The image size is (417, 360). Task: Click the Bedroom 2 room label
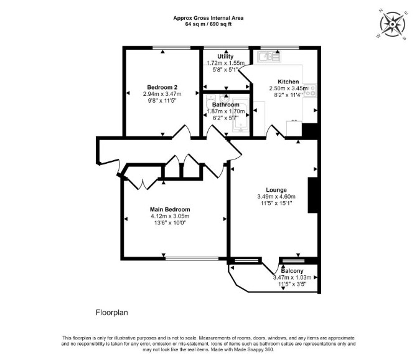162,87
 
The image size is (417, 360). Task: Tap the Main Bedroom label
170,209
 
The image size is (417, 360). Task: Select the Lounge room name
276,190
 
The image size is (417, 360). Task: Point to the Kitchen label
288,82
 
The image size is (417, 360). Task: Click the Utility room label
225,57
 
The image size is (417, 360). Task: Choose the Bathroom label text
225,105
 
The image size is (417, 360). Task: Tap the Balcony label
293,271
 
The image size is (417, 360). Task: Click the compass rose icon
393,24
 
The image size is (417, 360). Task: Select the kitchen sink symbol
269,57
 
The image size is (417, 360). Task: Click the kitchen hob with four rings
310,90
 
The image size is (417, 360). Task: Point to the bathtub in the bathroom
241,116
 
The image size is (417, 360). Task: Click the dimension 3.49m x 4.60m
276,197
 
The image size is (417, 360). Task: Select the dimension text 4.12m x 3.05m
170,216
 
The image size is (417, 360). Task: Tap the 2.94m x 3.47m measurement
162,94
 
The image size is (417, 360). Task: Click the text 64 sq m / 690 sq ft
208,24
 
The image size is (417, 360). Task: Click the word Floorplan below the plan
111,313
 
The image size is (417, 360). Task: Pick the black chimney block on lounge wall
312,195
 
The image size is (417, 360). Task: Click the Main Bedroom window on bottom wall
192,258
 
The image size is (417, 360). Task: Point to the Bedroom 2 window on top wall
172,48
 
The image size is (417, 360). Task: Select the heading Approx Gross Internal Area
208,18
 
